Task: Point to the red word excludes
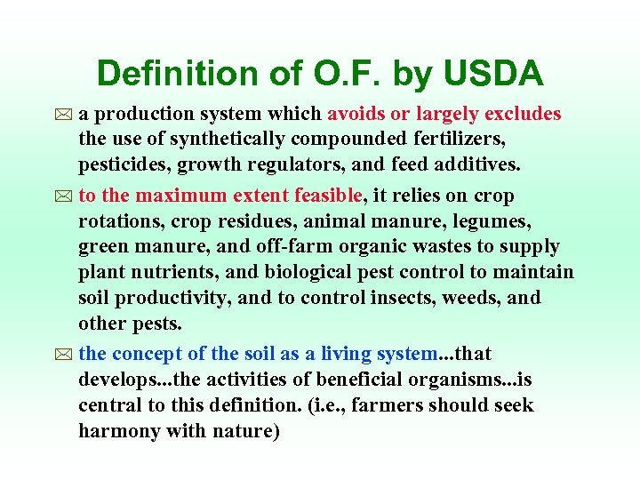pyautogui.click(x=524, y=114)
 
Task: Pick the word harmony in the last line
pyautogui.click(x=116, y=431)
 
